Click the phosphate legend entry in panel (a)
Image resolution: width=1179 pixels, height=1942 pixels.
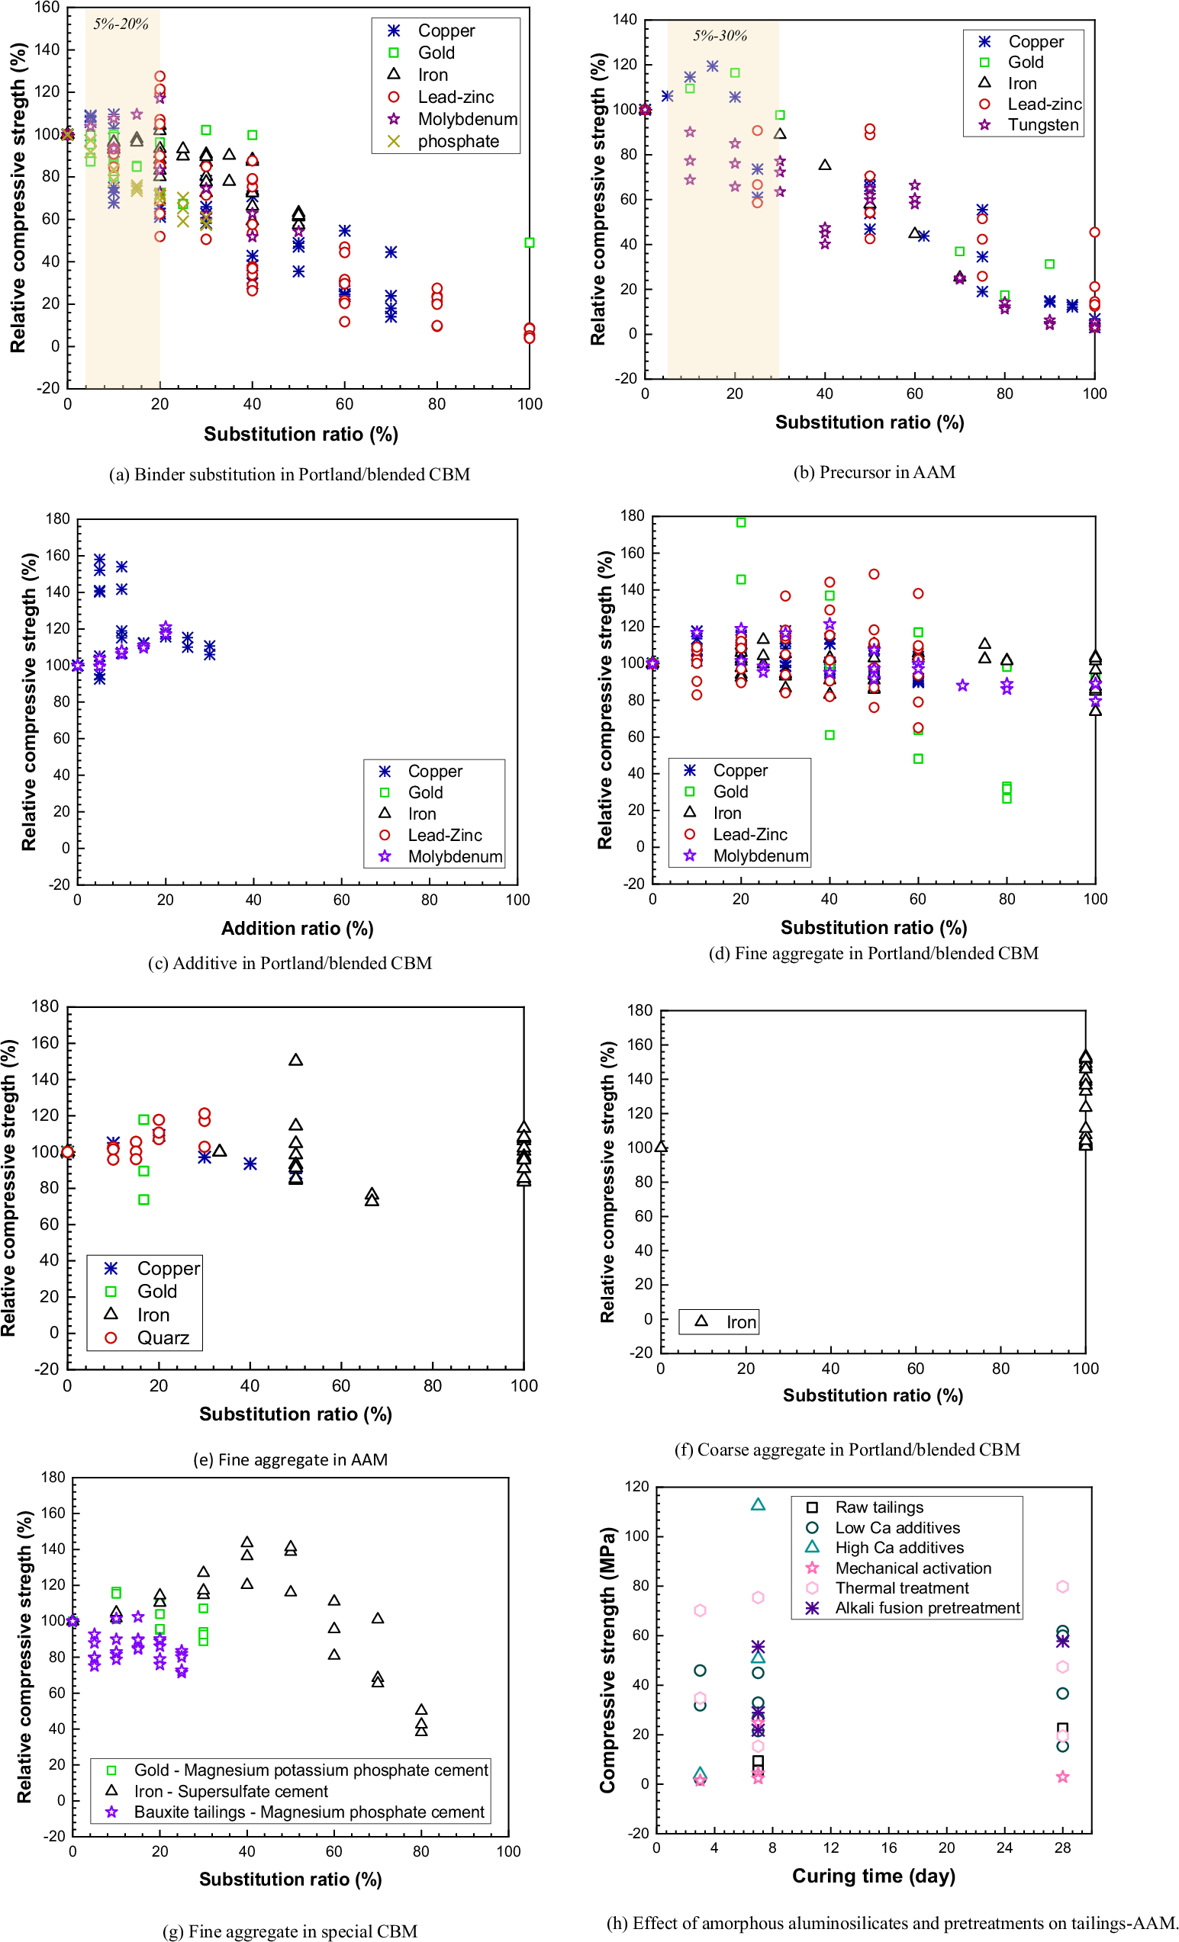click(x=457, y=141)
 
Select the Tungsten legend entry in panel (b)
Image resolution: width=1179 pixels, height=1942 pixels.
click(x=1042, y=124)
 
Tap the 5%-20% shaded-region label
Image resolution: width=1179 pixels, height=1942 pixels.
click(x=121, y=24)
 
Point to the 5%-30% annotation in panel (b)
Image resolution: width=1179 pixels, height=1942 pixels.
click(x=720, y=36)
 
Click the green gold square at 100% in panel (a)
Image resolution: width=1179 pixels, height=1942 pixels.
click(x=529, y=242)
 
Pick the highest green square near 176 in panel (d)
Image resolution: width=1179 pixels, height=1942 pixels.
click(x=740, y=522)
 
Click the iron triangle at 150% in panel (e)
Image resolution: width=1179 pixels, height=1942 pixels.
click(x=296, y=1060)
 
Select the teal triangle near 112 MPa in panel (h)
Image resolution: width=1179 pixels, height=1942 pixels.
click(x=758, y=1504)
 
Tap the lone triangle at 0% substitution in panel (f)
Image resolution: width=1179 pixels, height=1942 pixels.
click(x=661, y=1147)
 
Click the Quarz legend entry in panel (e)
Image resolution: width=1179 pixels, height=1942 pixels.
click(x=163, y=1337)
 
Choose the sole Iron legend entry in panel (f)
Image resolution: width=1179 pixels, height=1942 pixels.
click(x=739, y=1321)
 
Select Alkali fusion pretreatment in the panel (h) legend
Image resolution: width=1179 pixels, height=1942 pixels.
click(x=926, y=1608)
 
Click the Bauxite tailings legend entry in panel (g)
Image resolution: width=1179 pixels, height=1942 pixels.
click(x=308, y=1812)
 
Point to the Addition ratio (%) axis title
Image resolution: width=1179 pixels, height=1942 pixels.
click(x=297, y=928)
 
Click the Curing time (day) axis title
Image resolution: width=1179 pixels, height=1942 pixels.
click(x=873, y=1876)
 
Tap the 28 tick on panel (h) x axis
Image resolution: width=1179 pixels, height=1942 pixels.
click(x=1062, y=1847)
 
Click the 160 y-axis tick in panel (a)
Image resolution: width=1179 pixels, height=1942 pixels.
click(x=47, y=8)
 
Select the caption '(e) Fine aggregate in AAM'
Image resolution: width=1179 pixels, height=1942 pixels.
click(x=290, y=1459)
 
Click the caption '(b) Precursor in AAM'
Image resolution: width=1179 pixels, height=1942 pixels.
click(x=874, y=471)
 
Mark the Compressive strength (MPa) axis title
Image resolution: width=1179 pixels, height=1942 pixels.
click(x=607, y=1660)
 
